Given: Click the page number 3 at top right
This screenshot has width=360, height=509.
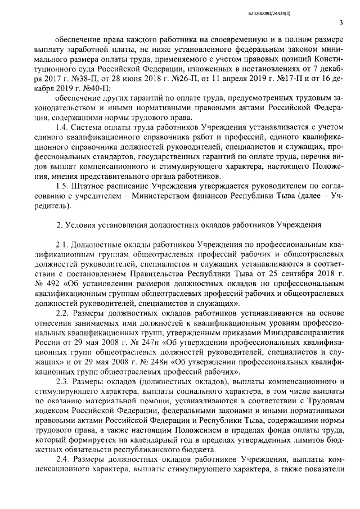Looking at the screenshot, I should pos(342,22).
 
